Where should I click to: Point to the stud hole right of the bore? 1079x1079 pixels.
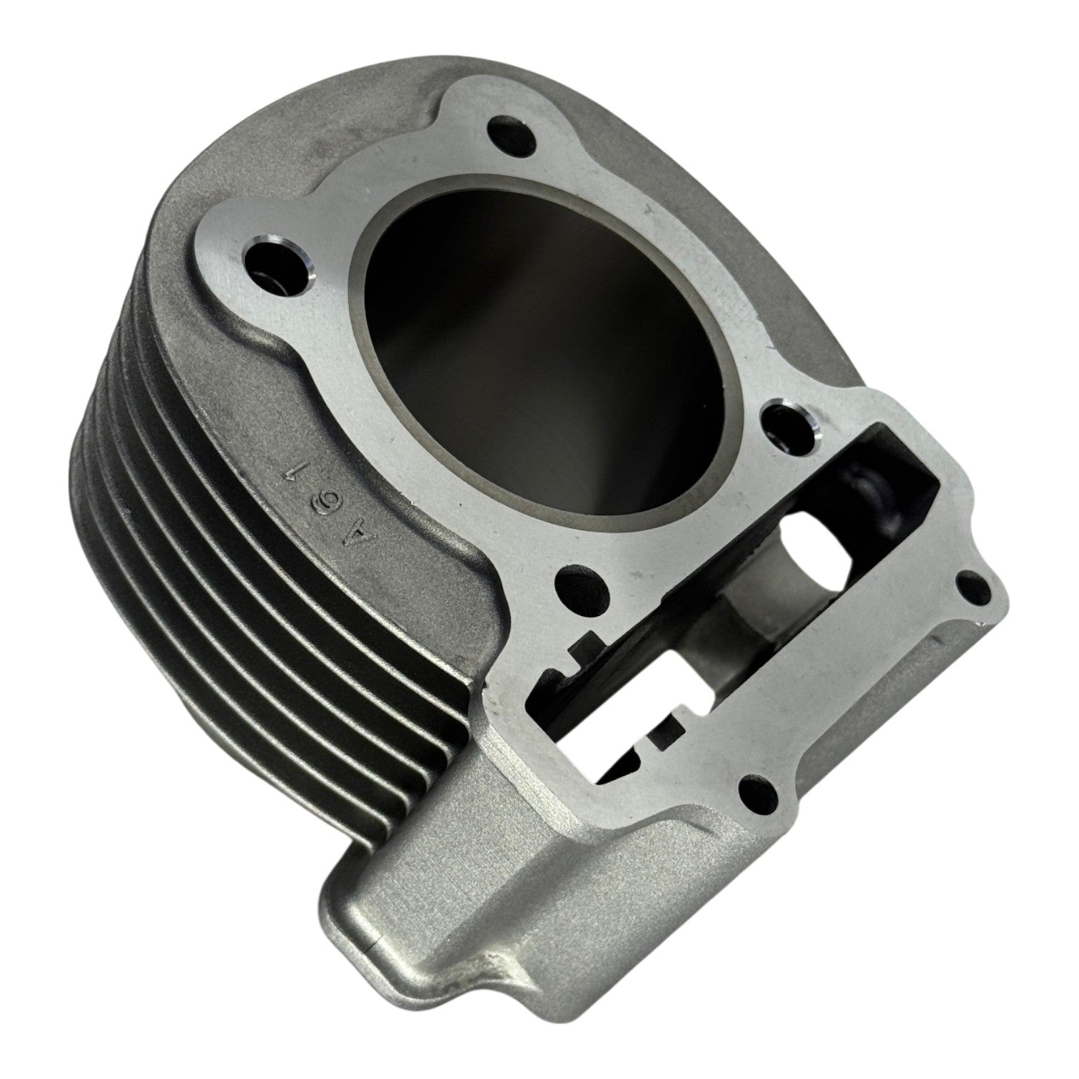[789, 427]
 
